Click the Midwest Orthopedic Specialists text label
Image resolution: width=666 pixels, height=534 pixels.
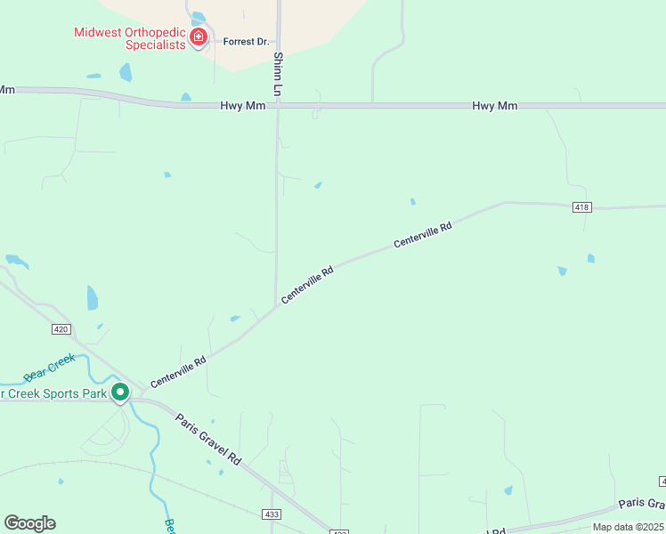129,39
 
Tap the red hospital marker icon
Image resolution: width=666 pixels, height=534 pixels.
199,37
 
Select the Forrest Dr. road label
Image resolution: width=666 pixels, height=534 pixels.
246,41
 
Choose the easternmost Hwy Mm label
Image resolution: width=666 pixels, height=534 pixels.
494,106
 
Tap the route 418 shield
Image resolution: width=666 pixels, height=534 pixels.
582,207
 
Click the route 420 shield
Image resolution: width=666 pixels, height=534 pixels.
61,329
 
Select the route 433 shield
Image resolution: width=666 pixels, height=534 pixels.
272,514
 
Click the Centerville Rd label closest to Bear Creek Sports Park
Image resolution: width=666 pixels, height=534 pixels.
178,372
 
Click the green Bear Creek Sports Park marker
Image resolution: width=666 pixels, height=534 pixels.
120,392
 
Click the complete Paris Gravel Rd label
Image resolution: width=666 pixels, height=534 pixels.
208,441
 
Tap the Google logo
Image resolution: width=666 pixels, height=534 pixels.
29,522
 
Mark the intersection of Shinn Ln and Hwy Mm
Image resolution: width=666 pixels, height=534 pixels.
278,105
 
